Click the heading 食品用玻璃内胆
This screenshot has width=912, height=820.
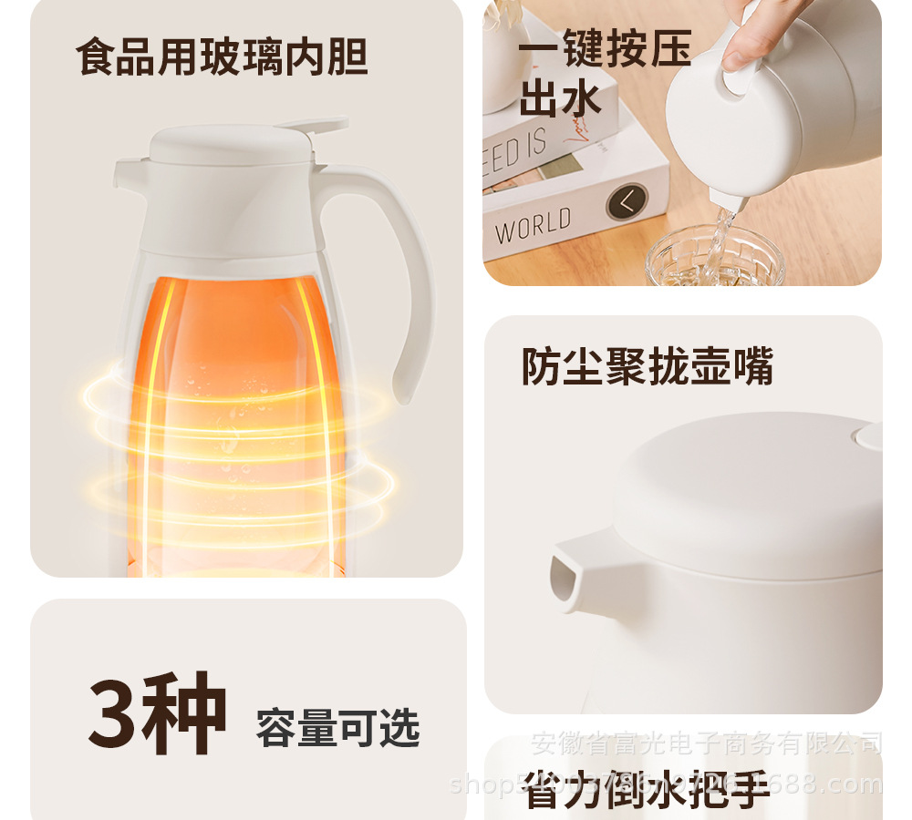(x=222, y=56)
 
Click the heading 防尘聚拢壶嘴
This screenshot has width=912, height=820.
(x=647, y=366)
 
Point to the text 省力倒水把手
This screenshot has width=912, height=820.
(x=647, y=791)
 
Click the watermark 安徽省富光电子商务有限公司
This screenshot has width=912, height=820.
(x=706, y=744)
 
